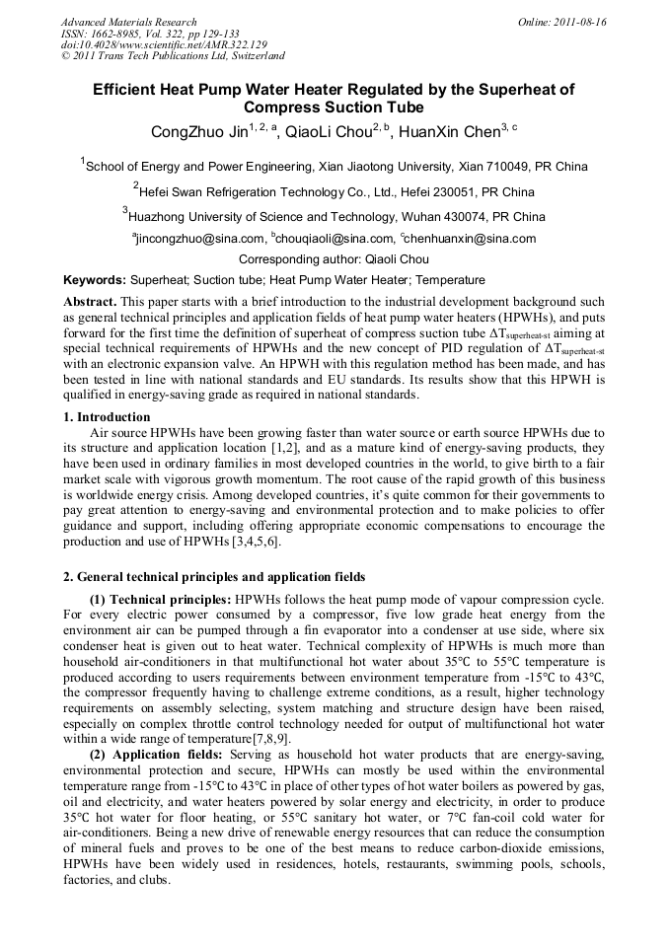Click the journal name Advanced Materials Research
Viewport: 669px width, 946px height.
pyautogui.click(x=128, y=22)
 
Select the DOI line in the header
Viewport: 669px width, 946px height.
pyautogui.click(x=164, y=44)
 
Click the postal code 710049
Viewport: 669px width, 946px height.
pyautogui.click(x=513, y=167)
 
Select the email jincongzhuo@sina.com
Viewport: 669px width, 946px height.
pyautogui.click(x=200, y=239)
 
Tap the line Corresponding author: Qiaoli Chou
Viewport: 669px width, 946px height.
pyautogui.click(x=334, y=259)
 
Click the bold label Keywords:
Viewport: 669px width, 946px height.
pyautogui.click(x=95, y=280)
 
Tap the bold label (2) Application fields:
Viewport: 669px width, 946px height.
pyautogui.click(x=158, y=755)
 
